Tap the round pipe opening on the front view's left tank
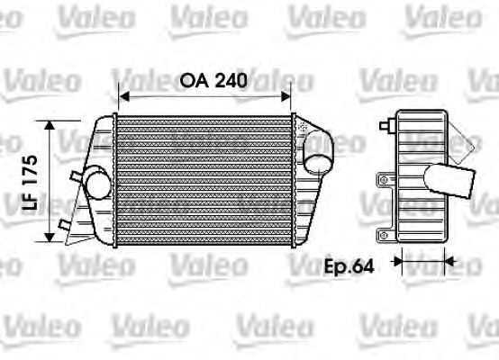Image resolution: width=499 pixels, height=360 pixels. click(97, 184)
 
